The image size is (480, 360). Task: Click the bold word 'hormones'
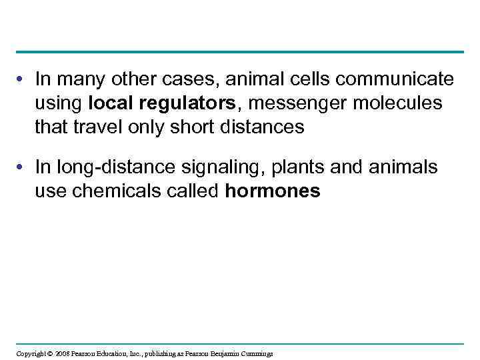(x=273, y=192)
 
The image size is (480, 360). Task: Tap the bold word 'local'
(x=110, y=103)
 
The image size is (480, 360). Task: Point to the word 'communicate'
(x=395, y=80)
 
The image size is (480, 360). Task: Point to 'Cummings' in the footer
(x=256, y=353)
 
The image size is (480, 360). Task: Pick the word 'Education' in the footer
(x=108, y=353)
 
